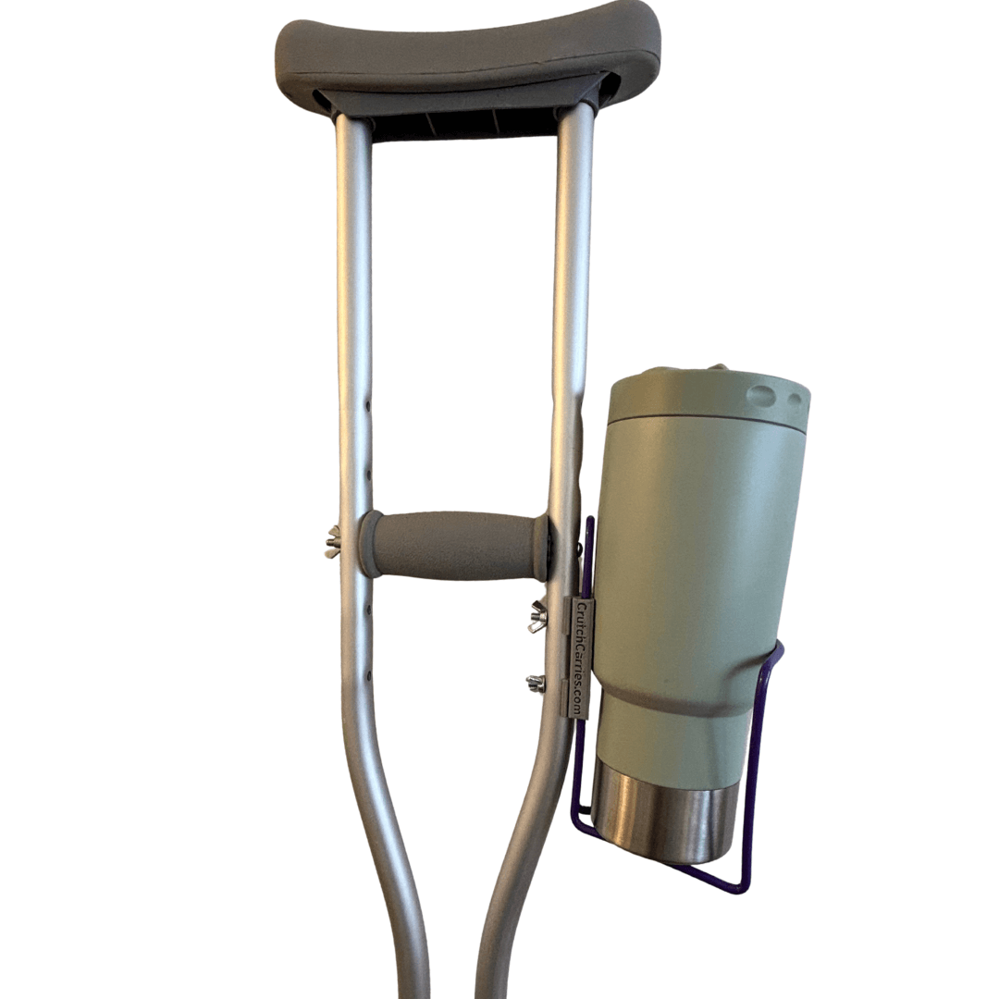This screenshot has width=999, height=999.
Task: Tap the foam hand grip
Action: pyautogui.click(x=453, y=546)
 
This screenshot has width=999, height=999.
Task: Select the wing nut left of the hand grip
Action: pyautogui.click(x=332, y=541)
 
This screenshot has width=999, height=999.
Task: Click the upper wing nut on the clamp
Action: pyautogui.click(x=537, y=616)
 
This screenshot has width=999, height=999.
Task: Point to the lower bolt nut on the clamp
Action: pyautogui.click(x=536, y=684)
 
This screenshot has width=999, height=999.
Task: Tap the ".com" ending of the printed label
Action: pyautogui.click(x=580, y=705)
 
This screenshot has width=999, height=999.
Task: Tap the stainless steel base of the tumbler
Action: pyautogui.click(x=661, y=814)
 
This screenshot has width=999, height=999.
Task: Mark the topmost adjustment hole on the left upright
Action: pyautogui.click(x=367, y=404)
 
